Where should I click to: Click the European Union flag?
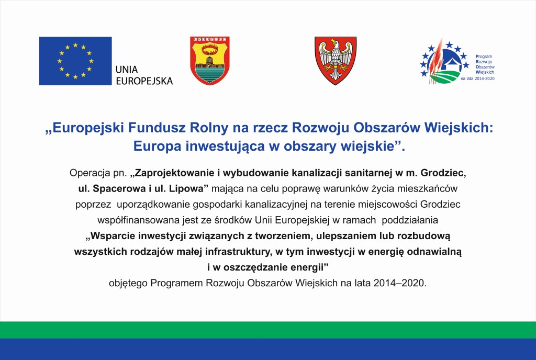click(x=75, y=61)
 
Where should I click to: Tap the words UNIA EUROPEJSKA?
click(x=143, y=75)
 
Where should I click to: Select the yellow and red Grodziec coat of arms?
click(x=209, y=60)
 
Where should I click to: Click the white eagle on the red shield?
click(x=335, y=59)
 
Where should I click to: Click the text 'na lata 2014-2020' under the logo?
click(x=477, y=78)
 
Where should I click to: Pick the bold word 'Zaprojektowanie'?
click(x=177, y=172)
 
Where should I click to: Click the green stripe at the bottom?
click(x=268, y=330)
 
